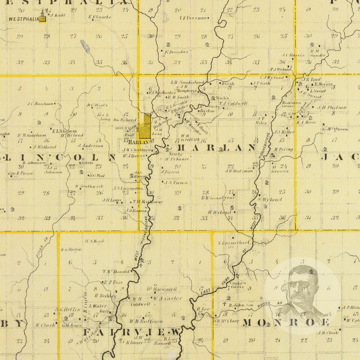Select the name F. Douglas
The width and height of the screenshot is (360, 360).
click(176, 51)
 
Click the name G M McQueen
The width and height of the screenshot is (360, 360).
click(335, 129)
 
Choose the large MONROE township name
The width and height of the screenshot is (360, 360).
click(285, 322)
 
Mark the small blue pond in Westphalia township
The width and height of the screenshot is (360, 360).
click(85, 46)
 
